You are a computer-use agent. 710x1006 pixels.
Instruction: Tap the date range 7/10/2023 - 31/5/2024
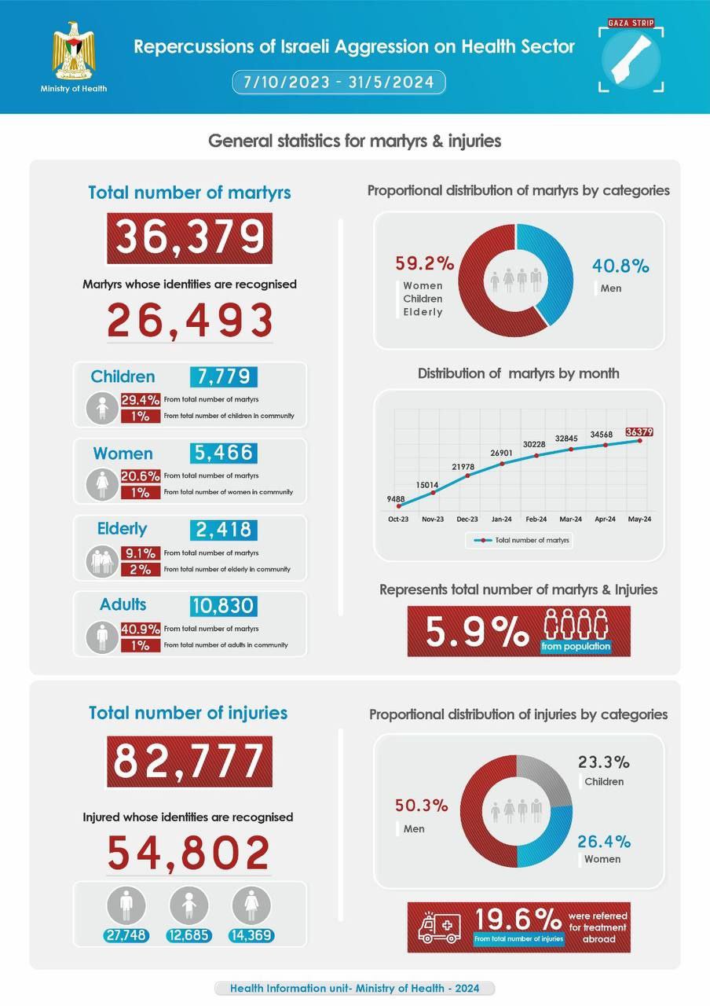(339, 83)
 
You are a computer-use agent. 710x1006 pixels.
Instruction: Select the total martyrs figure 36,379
(189, 238)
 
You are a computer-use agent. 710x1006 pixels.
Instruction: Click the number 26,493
(189, 321)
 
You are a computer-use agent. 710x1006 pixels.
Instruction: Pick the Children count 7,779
(223, 376)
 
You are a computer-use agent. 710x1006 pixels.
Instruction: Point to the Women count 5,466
(223, 453)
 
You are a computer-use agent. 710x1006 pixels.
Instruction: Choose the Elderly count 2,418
(223, 529)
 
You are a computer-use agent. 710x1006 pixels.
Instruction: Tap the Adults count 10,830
(223, 605)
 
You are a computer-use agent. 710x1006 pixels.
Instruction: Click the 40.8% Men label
(620, 266)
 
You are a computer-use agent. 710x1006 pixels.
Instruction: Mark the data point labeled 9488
(399, 506)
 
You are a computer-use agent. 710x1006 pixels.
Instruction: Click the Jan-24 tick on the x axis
(501, 520)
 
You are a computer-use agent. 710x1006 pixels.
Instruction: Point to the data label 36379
(639, 431)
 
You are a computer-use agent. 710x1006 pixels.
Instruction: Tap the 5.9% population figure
(477, 631)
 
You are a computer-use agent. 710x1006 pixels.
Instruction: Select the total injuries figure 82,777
(189, 761)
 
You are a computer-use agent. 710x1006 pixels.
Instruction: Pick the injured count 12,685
(188, 935)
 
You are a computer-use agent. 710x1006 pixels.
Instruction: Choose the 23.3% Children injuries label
(604, 762)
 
